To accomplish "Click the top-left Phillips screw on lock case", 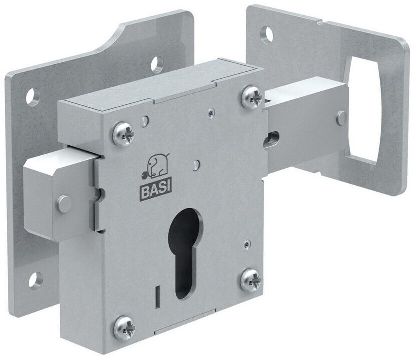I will (123, 134).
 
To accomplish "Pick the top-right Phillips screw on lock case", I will (251, 97).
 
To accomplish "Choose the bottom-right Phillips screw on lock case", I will (250, 280).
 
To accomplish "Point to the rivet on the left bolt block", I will (63, 203).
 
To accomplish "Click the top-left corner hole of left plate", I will (33, 96).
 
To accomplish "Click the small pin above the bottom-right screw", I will (245, 244).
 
